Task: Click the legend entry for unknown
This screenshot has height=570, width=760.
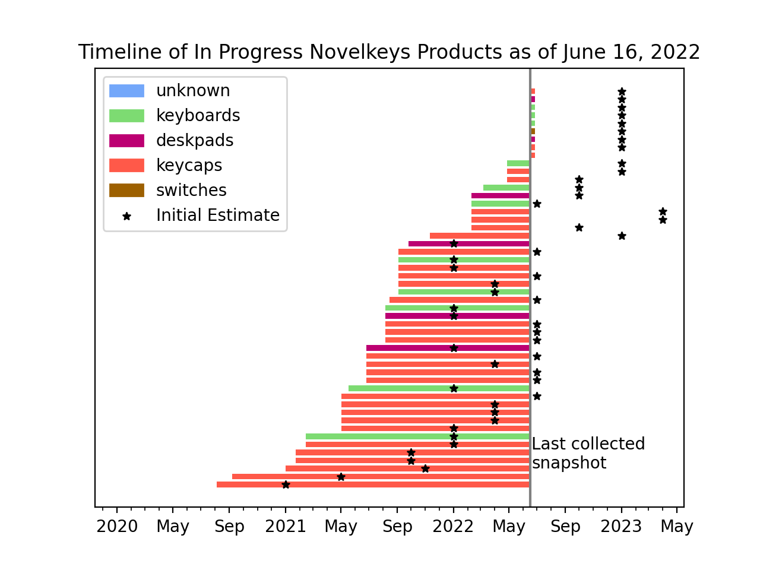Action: pos(192,91)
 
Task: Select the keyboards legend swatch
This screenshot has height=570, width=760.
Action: pos(126,116)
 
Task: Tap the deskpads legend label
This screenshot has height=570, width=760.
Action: pos(194,141)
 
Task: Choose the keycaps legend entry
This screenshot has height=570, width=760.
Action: pos(188,166)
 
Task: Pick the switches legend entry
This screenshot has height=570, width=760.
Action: pos(191,191)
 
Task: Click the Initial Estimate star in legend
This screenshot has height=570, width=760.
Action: pos(126,216)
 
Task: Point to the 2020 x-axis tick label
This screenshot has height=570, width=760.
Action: pos(117,527)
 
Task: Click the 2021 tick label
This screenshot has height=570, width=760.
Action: pos(286,527)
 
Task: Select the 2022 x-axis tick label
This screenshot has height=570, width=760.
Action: pos(454,527)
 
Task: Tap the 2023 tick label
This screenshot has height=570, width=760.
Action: pos(621,527)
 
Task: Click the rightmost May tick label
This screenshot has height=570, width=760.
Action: pos(677,527)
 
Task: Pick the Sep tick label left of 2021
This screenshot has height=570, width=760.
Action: pos(229,527)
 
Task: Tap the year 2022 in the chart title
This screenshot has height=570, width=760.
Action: pos(675,52)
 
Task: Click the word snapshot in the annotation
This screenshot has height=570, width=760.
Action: pos(569,463)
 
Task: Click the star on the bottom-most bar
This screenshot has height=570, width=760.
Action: pos(286,484)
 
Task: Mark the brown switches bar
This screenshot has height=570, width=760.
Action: pos(533,131)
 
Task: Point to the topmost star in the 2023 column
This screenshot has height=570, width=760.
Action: pos(622,91)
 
